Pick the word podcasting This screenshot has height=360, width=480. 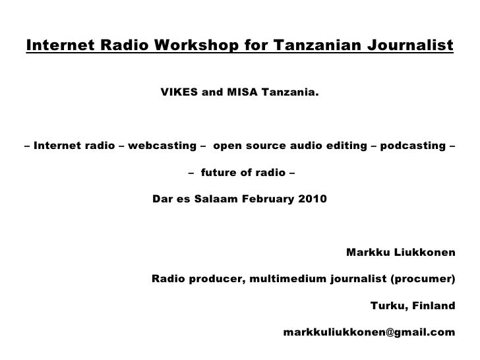(x=415, y=146)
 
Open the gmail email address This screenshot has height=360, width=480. (x=369, y=332)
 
